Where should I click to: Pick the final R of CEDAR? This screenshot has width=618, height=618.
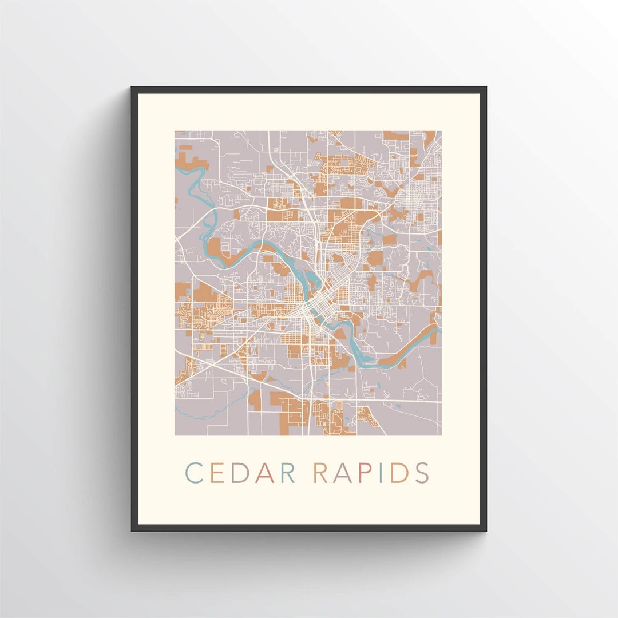(x=287, y=473)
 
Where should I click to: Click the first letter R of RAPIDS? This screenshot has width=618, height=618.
(x=322, y=473)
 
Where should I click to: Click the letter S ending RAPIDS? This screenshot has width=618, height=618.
(x=422, y=473)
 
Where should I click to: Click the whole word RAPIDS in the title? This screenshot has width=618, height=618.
(x=372, y=473)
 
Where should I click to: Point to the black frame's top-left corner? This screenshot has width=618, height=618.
(x=132, y=88)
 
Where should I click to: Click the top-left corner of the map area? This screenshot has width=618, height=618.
(x=175, y=132)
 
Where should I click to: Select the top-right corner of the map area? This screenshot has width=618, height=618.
(x=442, y=132)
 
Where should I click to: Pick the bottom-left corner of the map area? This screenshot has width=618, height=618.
(x=175, y=435)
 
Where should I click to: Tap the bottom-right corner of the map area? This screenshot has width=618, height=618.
(x=442, y=435)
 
